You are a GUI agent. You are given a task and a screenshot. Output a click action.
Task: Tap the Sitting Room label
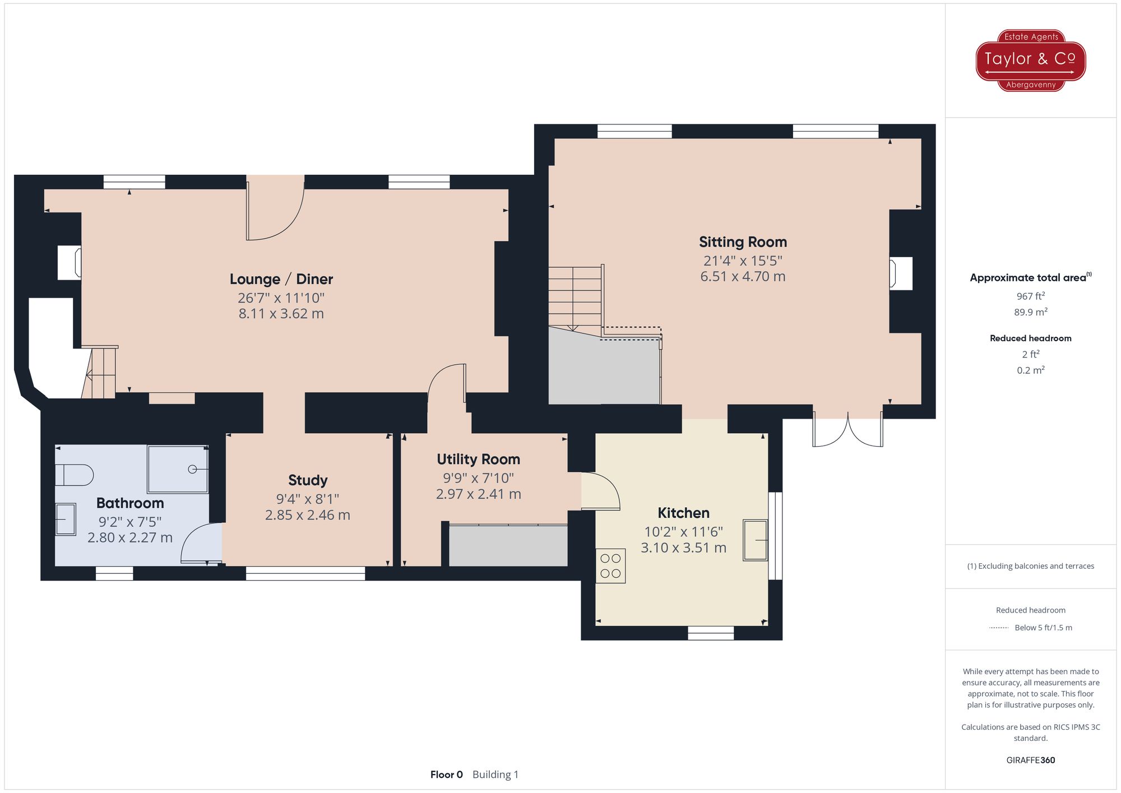743,242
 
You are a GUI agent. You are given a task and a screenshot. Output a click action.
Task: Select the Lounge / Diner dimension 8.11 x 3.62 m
281,314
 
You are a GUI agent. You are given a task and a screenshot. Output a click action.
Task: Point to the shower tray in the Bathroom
178,469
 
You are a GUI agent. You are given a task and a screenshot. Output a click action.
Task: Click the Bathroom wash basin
66,520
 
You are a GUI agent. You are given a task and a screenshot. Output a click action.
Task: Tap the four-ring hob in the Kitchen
610,566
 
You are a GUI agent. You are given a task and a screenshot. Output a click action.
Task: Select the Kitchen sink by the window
755,540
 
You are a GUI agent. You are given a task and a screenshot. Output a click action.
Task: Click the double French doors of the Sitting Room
848,430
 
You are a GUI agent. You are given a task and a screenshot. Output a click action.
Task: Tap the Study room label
308,480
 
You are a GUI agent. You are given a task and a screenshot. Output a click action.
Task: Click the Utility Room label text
478,460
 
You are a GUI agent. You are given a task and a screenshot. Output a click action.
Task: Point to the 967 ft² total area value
1030,296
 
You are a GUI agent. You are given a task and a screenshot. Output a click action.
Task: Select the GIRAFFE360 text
1030,760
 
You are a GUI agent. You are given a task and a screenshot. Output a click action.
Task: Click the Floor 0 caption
446,775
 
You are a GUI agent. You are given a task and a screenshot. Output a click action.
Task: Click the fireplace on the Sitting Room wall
900,273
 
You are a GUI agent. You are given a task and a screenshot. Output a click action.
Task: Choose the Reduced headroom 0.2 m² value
1030,370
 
